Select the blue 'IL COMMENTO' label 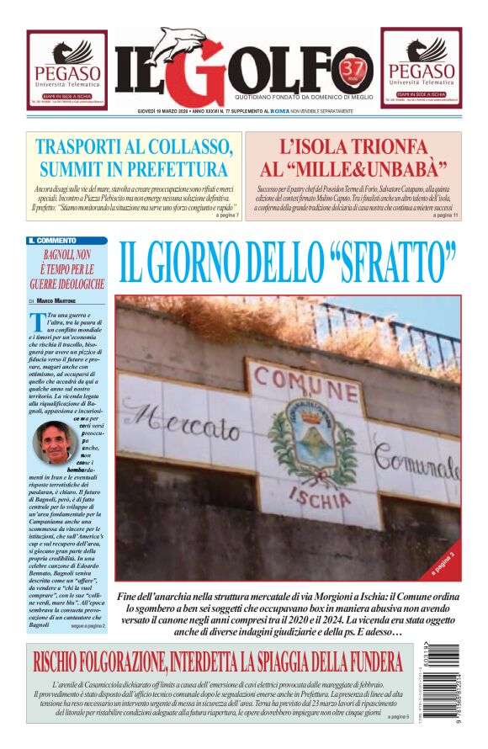point(52,240)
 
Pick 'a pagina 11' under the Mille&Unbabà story point(446,215)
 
